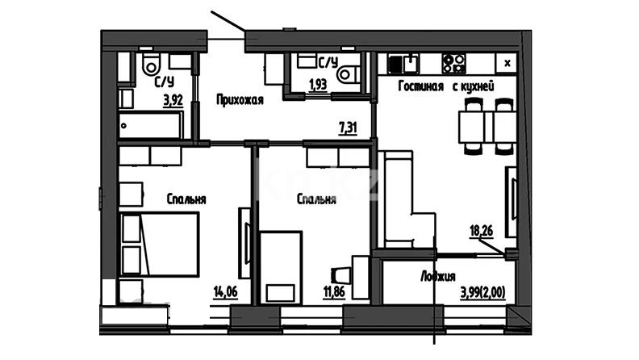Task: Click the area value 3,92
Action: pyautogui.click(x=173, y=100)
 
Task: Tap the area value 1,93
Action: pyautogui.click(x=318, y=85)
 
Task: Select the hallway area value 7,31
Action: pyautogui.click(x=348, y=128)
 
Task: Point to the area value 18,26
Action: pyautogui.click(x=482, y=231)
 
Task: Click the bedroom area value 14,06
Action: pyautogui.click(x=225, y=292)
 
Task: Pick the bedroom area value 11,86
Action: pyautogui.click(x=334, y=292)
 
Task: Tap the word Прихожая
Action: pyautogui.click(x=240, y=99)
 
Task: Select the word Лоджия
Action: pyautogui.click(x=437, y=276)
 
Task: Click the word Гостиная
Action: pyautogui.click(x=420, y=86)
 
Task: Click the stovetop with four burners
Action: pyautogui.click(x=453, y=63)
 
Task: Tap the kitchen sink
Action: pyautogui.click(x=403, y=64)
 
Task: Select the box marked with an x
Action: pyautogui.click(x=507, y=63)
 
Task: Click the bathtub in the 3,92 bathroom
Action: pyautogui.click(x=150, y=125)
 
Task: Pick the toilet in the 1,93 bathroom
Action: pyautogui.click(x=349, y=73)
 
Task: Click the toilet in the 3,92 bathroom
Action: pyautogui.click(x=151, y=64)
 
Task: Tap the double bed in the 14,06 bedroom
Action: pyautogui.click(x=159, y=245)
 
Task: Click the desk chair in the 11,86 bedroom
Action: pyautogui.click(x=341, y=275)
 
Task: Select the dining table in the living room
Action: pyautogui.click(x=487, y=127)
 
